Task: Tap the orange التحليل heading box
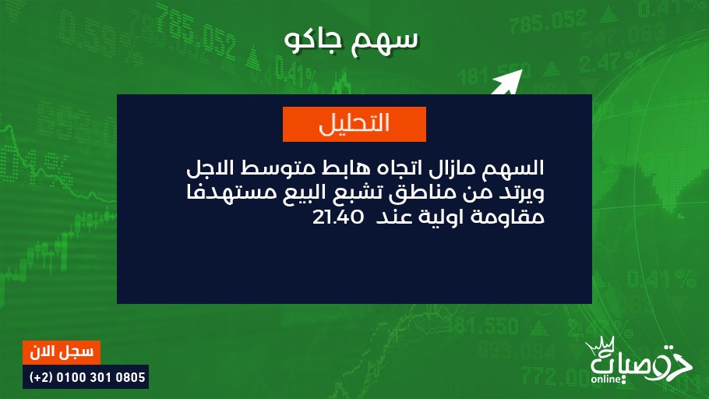coord(354,124)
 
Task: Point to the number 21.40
coord(338,217)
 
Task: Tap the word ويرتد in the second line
coord(524,193)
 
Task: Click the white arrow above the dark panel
coord(506,82)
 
